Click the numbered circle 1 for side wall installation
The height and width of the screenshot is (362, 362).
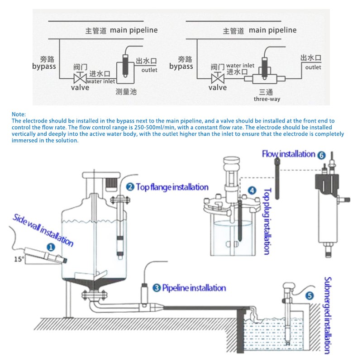coord(51,248)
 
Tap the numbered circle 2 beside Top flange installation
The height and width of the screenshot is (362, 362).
coord(130,187)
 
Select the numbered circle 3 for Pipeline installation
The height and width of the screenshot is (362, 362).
coord(157,288)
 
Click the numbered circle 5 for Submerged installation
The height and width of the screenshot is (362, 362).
coord(310,296)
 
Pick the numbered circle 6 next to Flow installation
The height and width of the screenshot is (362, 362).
coord(321,155)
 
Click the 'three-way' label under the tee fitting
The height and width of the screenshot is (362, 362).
coord(267,99)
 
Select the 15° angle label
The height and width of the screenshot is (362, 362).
coord(19,259)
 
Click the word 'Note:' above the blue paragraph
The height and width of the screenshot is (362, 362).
coord(19,114)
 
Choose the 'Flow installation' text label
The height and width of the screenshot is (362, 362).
coord(288,154)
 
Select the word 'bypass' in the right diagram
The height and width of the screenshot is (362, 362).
coord(181,67)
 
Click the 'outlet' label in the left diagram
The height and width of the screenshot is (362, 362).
coord(149,70)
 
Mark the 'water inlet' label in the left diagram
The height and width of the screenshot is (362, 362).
coord(101,81)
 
